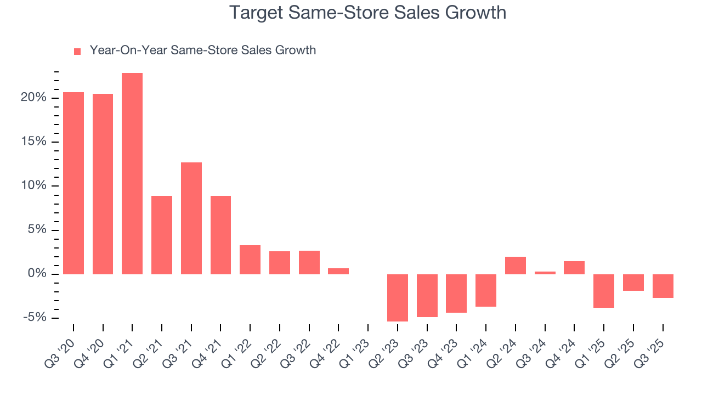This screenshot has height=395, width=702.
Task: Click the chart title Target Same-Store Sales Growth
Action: [x=367, y=12]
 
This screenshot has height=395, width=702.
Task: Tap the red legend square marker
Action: [x=77, y=52]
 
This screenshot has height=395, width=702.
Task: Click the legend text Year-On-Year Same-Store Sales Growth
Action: [x=202, y=50]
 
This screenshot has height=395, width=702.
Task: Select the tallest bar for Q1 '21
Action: [x=132, y=173]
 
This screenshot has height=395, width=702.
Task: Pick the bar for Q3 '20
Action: [x=73, y=183]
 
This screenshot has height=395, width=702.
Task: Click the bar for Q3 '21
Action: [x=191, y=218]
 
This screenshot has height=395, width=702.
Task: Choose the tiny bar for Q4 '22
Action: [x=338, y=271]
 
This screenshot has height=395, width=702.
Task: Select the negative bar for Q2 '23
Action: [x=398, y=297]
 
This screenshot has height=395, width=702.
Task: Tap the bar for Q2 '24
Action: [x=516, y=266]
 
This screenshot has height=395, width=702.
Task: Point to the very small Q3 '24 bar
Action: [x=545, y=273]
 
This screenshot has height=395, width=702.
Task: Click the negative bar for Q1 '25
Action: [x=604, y=291]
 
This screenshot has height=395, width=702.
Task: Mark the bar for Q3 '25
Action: [x=663, y=286]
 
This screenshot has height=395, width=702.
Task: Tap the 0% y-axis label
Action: [x=39, y=274]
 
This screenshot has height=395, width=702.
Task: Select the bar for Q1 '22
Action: [x=250, y=259]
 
